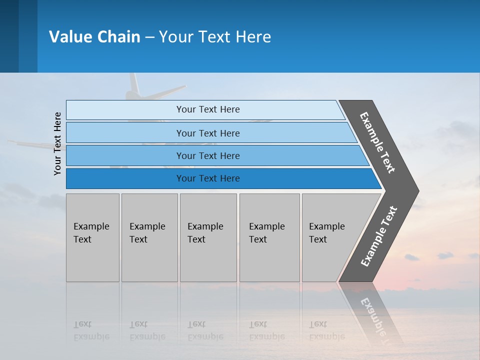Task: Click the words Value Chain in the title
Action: coord(94,37)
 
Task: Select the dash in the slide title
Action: coord(149,37)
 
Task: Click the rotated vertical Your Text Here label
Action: coord(57,143)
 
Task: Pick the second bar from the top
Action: coord(208,133)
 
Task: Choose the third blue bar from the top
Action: coord(208,155)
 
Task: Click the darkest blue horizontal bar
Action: coord(208,178)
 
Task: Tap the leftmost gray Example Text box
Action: coord(92,237)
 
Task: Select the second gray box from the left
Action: coord(149,237)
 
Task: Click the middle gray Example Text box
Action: coord(208,237)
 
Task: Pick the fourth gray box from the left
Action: coord(269,237)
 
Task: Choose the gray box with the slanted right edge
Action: coord(330,237)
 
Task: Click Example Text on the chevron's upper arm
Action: coord(377,142)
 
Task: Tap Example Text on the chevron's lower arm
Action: coord(379,236)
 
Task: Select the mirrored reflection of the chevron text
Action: coord(374,315)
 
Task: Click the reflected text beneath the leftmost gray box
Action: coord(91,330)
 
